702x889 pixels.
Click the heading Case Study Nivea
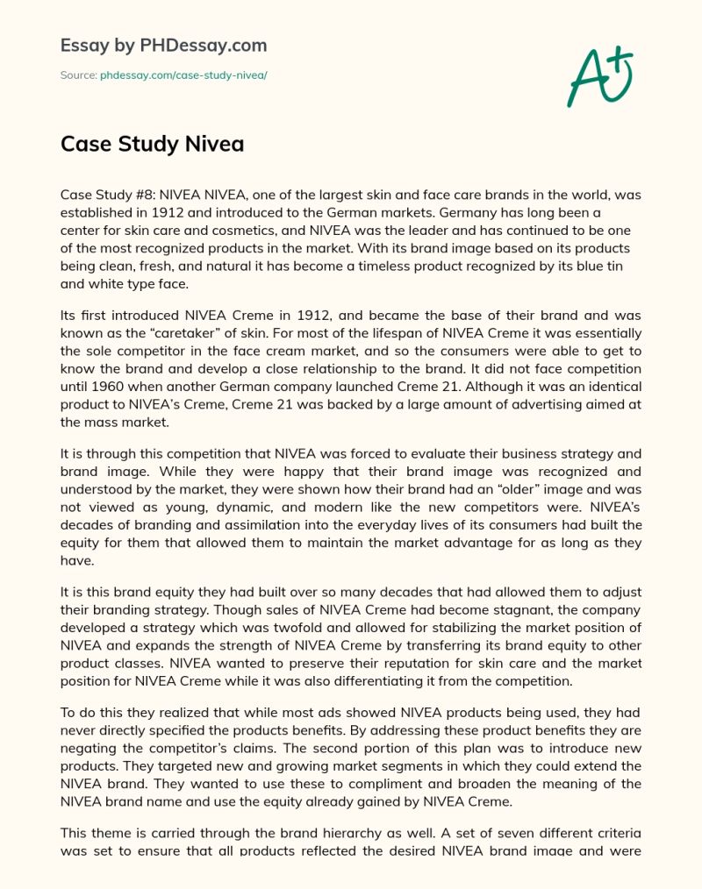[152, 144]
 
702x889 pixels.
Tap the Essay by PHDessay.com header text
[163, 45]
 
